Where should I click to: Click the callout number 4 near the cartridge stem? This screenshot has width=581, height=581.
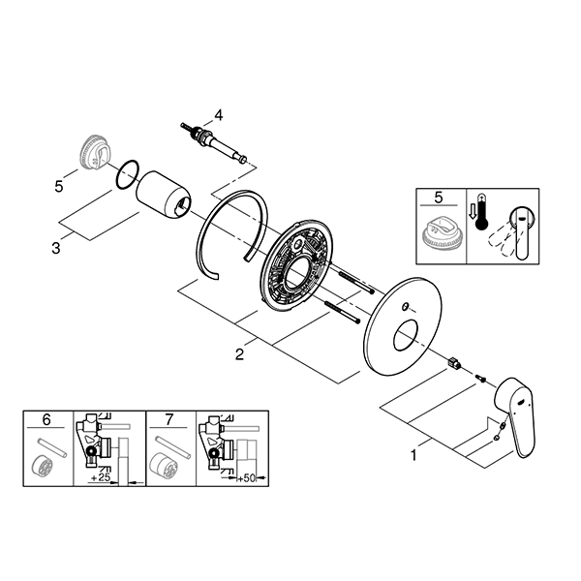pyautogui.click(x=219, y=114)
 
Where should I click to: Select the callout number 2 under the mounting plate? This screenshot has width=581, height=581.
pyautogui.click(x=238, y=355)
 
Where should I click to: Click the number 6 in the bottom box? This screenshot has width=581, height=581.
pyautogui.click(x=46, y=421)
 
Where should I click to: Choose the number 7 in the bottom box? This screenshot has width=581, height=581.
pyautogui.click(x=170, y=421)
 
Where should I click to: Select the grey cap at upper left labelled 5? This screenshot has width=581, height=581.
pyautogui.click(x=92, y=152)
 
